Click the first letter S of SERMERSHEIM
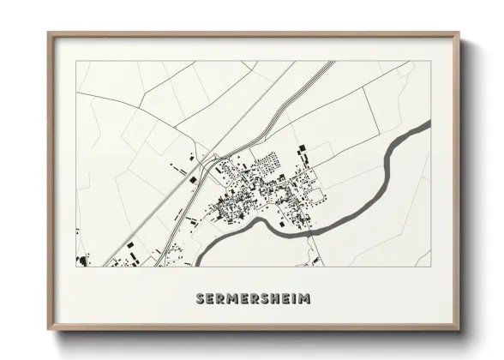tap(200, 299)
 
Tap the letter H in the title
tap(276, 299)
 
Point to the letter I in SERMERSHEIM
tap(295, 299)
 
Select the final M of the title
tap(306, 299)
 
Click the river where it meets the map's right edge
tap(427, 126)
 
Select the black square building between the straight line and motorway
tap(193, 179)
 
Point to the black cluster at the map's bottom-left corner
tap(83, 259)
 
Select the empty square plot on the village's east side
tap(317, 195)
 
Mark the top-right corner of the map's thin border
tap(430, 62)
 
